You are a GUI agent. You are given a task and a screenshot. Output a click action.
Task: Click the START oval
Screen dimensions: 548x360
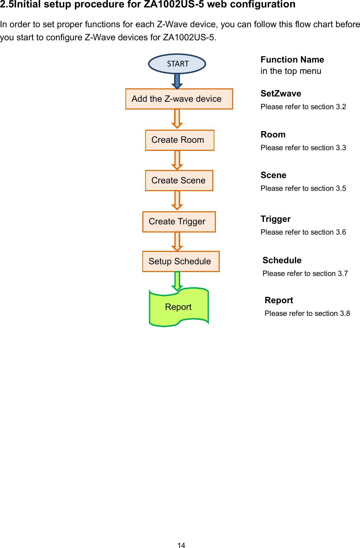[x=177, y=64]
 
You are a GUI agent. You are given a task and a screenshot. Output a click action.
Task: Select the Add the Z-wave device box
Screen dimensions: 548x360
[x=179, y=99]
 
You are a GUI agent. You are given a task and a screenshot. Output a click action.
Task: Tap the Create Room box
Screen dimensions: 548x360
[x=179, y=140]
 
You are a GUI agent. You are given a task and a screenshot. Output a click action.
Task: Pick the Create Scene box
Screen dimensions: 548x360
[x=179, y=181]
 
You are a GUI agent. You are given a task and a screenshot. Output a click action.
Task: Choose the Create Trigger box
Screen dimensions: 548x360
[x=179, y=222]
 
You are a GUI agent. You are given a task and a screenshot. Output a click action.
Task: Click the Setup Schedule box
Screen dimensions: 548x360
[x=181, y=261]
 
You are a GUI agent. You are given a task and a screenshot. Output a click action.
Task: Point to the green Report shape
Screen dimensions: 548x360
[x=178, y=307]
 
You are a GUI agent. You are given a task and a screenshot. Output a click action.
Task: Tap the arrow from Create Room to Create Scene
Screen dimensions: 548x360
[x=177, y=160]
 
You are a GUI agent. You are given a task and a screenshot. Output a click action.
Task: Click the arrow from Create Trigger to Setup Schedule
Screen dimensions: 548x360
[x=177, y=241]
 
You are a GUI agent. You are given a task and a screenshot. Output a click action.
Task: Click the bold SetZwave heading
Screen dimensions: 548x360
[x=281, y=94]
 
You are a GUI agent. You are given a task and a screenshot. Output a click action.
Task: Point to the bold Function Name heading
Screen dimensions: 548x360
[x=292, y=60]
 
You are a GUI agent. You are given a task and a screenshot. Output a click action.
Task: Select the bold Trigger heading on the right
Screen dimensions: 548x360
[x=276, y=219]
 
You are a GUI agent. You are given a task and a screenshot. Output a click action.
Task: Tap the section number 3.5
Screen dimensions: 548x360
[x=341, y=188]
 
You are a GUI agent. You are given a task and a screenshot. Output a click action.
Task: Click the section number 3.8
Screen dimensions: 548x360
[x=345, y=313]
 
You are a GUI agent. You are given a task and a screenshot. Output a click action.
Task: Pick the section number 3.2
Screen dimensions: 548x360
[x=341, y=107]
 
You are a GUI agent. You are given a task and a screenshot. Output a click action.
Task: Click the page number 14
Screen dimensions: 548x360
[x=181, y=546]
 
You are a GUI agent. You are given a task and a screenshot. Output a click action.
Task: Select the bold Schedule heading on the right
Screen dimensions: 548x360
[x=282, y=260]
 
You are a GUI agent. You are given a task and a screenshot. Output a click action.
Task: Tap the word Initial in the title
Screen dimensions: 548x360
[x=27, y=5]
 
